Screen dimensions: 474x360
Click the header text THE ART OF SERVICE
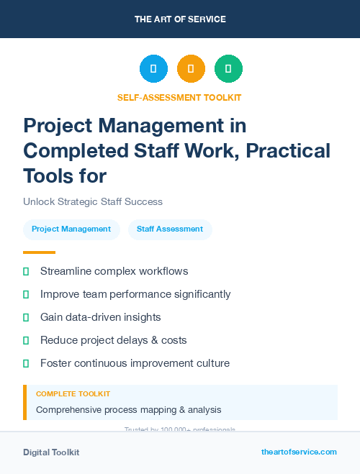[x=180, y=19]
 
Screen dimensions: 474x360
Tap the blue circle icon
[x=153, y=69]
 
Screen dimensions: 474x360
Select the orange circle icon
[x=191, y=69]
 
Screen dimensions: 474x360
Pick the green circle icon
[x=228, y=69]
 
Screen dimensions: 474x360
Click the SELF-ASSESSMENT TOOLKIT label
[x=179, y=97]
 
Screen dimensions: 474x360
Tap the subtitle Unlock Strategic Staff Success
[x=93, y=201]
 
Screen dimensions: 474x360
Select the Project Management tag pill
[x=71, y=229]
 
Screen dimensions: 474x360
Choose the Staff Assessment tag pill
[x=170, y=229]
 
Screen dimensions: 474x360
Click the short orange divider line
[x=39, y=252]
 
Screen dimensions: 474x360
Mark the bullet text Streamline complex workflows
[x=114, y=271]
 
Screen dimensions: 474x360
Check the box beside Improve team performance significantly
[x=27, y=294]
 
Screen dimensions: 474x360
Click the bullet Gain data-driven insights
[x=100, y=317]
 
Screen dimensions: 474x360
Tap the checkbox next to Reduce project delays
[x=27, y=340]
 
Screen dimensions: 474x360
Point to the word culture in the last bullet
[x=211, y=363]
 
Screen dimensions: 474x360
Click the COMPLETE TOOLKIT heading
[x=73, y=394]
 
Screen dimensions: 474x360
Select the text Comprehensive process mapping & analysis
[x=128, y=410]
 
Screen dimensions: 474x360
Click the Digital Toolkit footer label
[x=51, y=452]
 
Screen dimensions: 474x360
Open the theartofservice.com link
[x=299, y=452]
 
